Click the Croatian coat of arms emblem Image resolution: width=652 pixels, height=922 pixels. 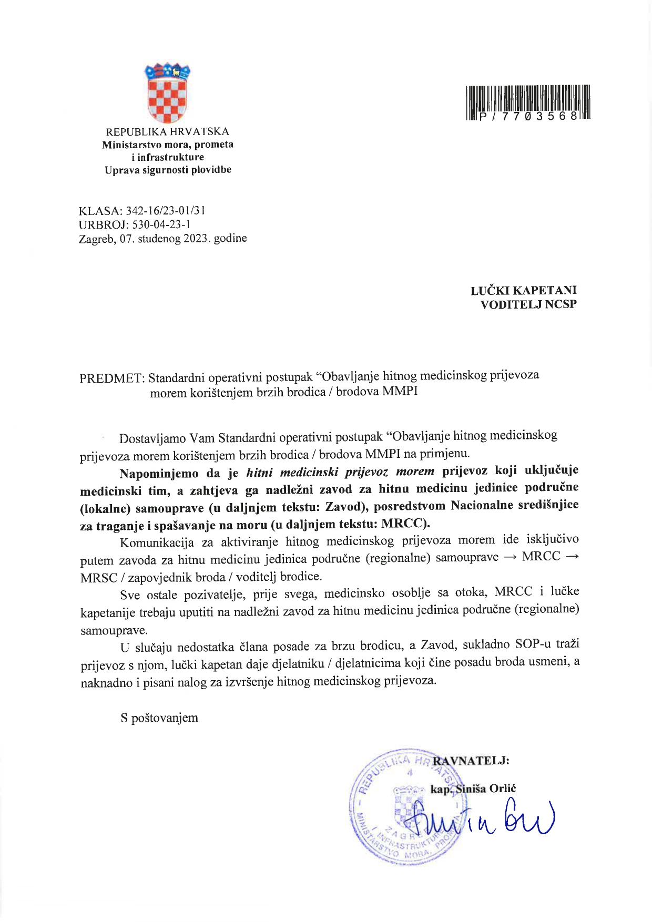pos(167,94)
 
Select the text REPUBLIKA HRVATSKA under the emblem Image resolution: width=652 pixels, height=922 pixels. pos(168,131)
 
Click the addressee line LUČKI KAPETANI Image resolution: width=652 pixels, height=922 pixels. pos(523,290)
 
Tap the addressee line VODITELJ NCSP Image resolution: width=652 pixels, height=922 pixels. pos(528,304)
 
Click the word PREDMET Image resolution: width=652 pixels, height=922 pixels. pos(110,378)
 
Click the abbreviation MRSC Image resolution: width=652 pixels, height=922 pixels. pos(99,578)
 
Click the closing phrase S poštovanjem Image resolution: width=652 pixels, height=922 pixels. pos(159,718)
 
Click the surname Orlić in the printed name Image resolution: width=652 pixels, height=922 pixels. pos(503,788)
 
